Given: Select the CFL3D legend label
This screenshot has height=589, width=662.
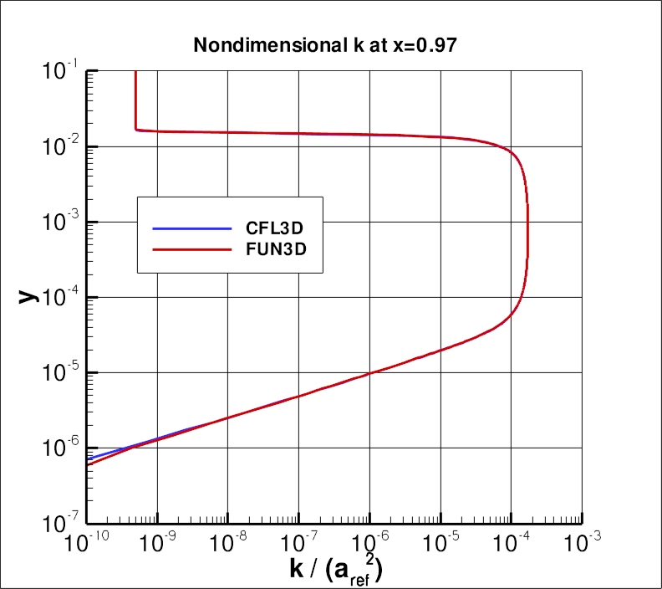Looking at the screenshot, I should pos(269,228).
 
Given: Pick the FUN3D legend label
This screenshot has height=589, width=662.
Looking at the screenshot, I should pos(269,250).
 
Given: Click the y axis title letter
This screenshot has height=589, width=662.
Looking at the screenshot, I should pos(29,294).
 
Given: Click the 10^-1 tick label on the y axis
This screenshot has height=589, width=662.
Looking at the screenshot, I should pos(60,71).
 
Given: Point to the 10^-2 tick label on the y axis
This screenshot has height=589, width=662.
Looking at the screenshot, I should pos(60,146).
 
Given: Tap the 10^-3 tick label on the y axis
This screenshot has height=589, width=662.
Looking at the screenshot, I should pos(60,222).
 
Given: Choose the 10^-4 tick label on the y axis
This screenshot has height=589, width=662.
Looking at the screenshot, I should pos(60,297).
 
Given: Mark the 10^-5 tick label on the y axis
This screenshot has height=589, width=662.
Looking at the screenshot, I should pos(60,372).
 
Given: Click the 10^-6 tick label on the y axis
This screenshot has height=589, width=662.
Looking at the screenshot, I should pos(60,448).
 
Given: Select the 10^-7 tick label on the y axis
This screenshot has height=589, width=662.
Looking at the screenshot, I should pos(60,523).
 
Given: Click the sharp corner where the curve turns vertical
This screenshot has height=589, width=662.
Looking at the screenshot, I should pos(136,130).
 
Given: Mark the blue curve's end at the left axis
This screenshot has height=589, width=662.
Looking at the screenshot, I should pos(89,458).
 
